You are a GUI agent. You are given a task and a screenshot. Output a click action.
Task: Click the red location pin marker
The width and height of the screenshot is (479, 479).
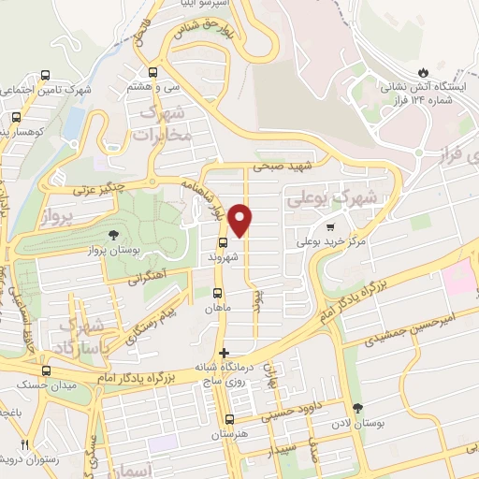[x=241, y=220]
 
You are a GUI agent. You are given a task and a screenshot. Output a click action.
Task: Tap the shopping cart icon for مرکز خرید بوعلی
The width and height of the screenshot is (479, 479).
[x=329, y=226]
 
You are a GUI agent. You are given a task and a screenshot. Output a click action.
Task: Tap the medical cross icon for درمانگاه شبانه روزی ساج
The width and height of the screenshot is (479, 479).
[x=223, y=353]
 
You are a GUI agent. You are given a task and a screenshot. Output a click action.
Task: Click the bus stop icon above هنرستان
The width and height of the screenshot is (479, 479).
[x=229, y=420]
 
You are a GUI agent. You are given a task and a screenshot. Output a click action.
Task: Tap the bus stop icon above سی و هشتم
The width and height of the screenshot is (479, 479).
[x=152, y=72]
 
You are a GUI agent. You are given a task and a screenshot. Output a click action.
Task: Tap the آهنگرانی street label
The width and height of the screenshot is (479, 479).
[x=152, y=277]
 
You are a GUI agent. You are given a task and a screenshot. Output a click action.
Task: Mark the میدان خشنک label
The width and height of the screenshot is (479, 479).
[x=29, y=383]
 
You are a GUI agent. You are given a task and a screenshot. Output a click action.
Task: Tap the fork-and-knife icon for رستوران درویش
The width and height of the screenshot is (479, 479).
[x=25, y=444]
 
